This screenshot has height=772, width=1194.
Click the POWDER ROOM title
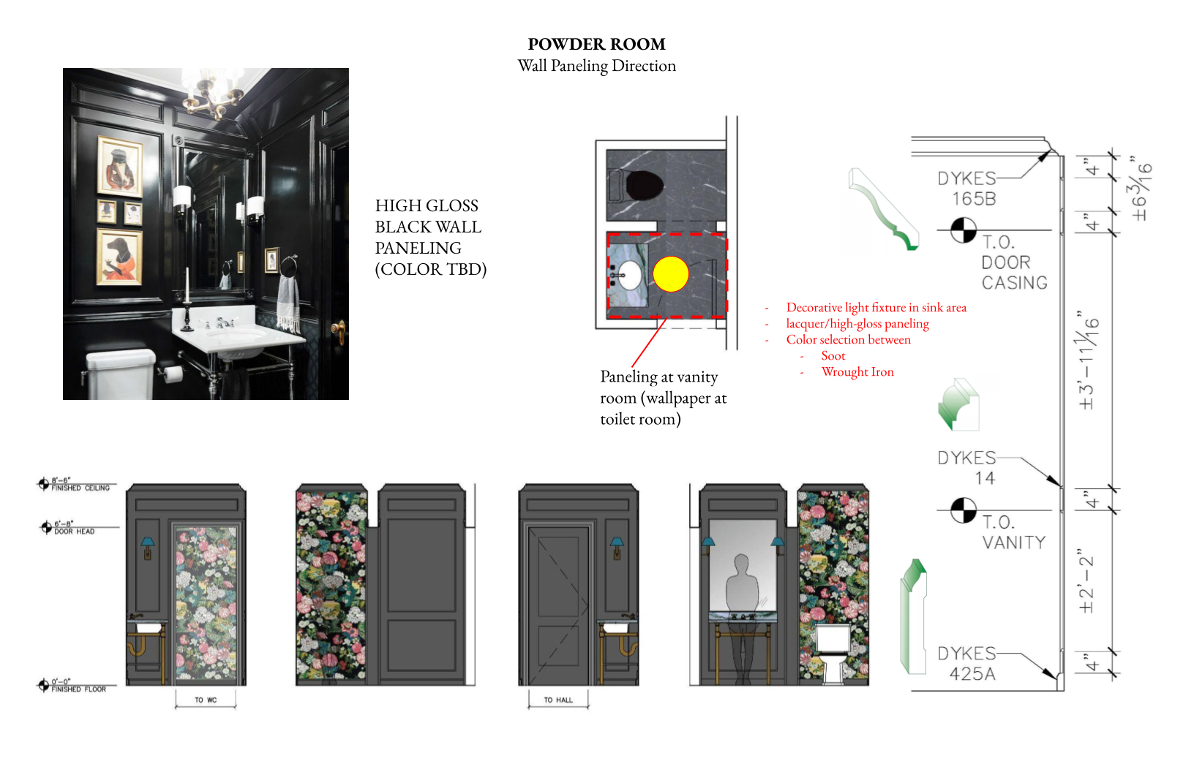pos(596,45)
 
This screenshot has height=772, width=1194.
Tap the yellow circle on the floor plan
pos(670,275)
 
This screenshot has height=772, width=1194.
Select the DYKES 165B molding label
pos(967,189)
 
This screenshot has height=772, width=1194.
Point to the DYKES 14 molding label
pos(968,468)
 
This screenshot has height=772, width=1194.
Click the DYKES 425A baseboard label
pos(968,664)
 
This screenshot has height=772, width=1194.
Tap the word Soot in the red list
pos(833,356)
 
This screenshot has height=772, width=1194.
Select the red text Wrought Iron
pos(857,372)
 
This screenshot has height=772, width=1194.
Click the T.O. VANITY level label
pos(1013,532)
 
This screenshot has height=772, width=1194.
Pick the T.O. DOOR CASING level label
pos(1013,262)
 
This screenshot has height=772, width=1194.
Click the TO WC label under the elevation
pos(206,700)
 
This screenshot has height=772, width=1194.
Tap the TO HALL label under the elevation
pos(558,700)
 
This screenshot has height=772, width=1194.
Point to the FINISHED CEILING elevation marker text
pos(80,488)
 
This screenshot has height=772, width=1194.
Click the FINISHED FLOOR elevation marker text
pos(78,689)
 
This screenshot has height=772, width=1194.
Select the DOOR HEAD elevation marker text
pos(74,531)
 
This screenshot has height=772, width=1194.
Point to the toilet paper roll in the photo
pos(173,374)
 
